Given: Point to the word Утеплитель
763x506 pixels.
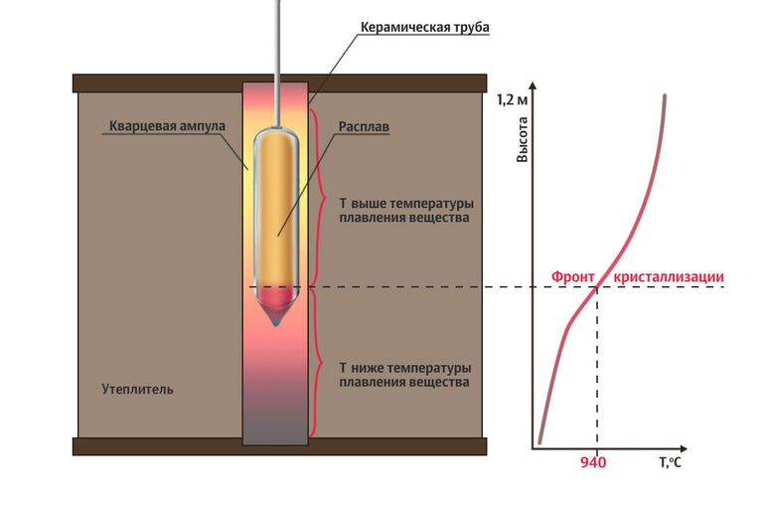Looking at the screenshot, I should click(138, 389).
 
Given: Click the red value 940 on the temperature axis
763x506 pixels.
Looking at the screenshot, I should click(594, 462).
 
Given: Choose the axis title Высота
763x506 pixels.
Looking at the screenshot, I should click(523, 140).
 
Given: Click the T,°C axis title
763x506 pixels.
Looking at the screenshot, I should click(670, 462).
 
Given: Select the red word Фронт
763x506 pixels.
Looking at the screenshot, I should click(574, 276).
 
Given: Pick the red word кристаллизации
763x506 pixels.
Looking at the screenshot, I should click(669, 276).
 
